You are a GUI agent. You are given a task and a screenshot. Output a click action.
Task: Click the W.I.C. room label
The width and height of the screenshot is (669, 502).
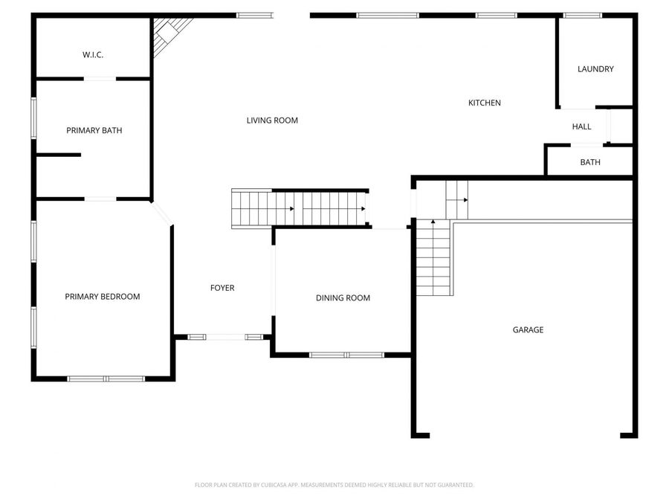click(93, 54)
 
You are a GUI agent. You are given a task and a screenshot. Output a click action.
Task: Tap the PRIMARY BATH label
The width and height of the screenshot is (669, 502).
click(94, 130)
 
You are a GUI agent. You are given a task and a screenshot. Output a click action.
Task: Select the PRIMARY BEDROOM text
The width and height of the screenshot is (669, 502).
click(103, 297)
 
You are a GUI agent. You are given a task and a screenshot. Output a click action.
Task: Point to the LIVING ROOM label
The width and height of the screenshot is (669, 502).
click(272, 120)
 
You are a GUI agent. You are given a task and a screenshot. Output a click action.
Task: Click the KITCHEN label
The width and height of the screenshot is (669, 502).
click(484, 103)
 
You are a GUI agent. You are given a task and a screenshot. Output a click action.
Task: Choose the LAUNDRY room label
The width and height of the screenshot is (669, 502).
click(595, 69)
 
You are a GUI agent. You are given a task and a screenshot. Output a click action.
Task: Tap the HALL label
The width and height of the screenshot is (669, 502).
click(581, 126)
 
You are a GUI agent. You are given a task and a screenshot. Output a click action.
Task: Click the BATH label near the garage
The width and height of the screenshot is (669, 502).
click(590, 162)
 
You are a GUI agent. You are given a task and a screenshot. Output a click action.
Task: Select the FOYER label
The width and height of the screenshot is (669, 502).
click(222, 288)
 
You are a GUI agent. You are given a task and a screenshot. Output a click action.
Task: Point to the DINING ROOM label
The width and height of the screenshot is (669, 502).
click(343, 298)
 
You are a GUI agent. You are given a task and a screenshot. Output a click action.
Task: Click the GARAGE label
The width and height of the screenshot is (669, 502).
click(529, 330)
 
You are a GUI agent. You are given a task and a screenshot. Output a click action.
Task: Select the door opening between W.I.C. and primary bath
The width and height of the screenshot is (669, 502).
click(100, 79)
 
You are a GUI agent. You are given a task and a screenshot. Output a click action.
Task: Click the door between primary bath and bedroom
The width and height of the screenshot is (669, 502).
click(100, 199)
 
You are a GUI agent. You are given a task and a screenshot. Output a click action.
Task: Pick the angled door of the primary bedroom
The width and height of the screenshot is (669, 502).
click(162, 213)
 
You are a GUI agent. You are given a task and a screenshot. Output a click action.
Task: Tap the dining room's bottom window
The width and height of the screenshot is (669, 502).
click(346, 355)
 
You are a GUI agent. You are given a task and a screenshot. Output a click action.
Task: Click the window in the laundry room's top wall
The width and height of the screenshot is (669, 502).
click(582, 16)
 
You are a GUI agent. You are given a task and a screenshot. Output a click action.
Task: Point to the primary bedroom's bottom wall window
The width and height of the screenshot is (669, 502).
click(106, 379)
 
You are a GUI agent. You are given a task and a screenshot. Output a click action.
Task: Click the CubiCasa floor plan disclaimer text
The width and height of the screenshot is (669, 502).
click(334, 485)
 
